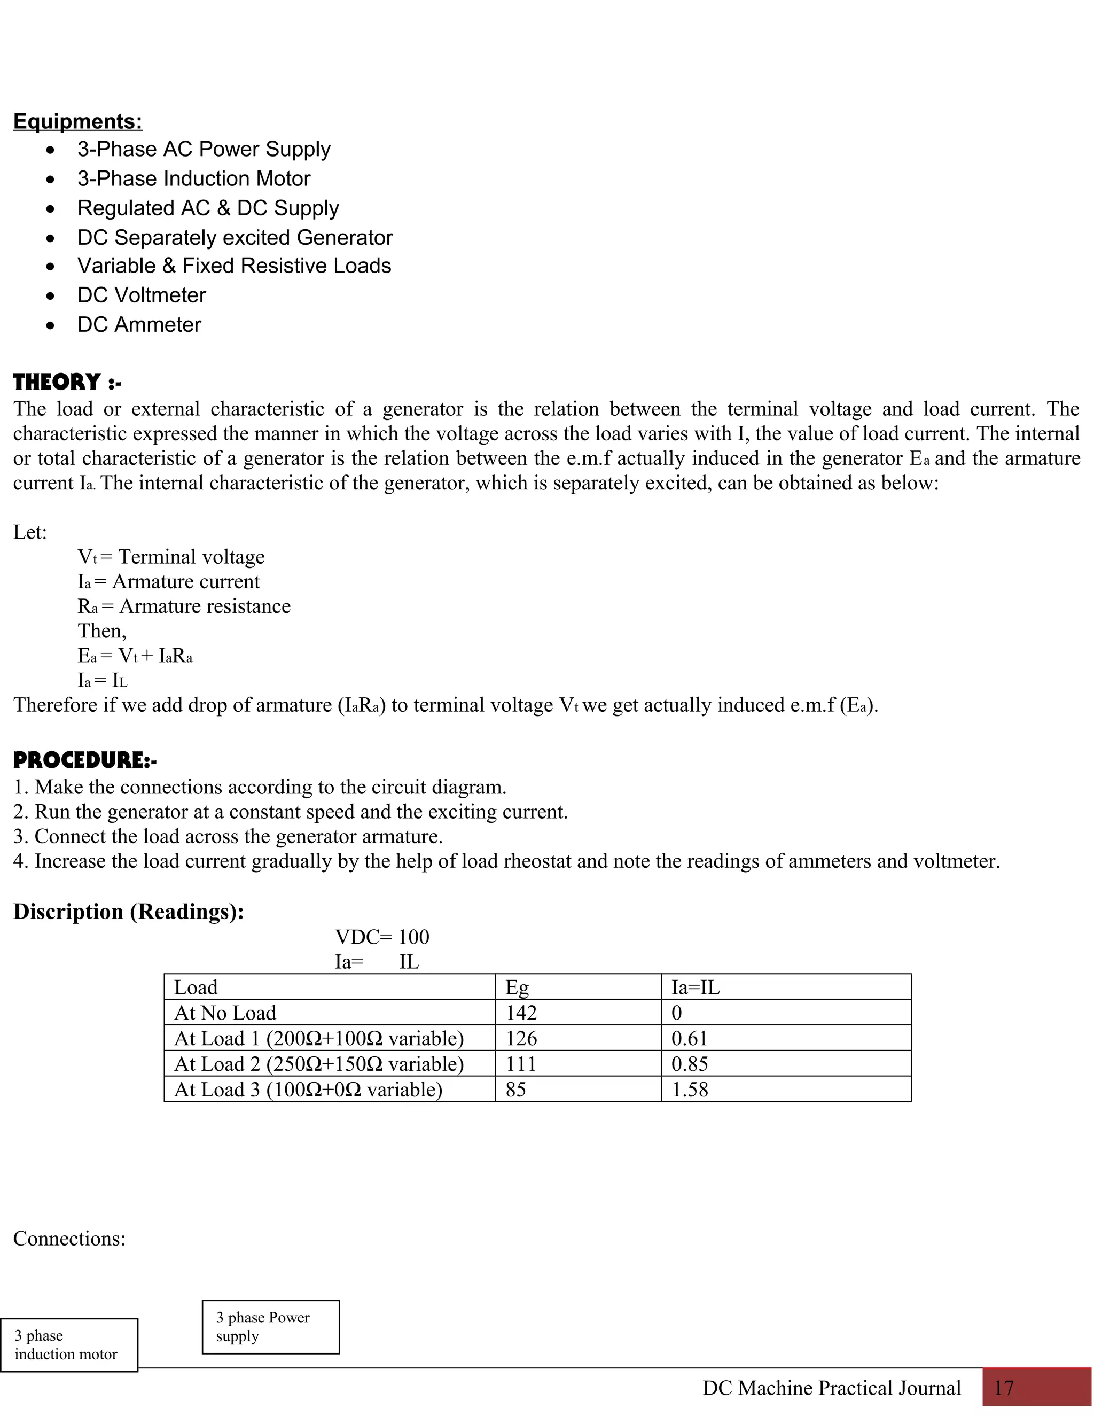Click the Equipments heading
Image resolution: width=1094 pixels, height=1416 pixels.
(x=78, y=121)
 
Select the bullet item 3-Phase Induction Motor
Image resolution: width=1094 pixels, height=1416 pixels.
(x=194, y=178)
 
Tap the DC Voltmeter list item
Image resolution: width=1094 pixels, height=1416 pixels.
(x=141, y=295)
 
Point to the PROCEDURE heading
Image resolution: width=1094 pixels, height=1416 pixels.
(x=85, y=760)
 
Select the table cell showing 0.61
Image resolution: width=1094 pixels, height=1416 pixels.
(x=689, y=1039)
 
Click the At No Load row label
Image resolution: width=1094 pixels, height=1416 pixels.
(x=225, y=1013)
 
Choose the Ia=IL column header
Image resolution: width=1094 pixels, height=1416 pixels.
(x=696, y=987)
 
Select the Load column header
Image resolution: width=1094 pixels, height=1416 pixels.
(x=196, y=987)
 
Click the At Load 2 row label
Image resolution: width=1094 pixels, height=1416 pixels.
(x=319, y=1064)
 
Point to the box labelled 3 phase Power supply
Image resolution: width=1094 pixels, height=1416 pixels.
(x=271, y=1327)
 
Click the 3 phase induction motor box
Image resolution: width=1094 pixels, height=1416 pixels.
(x=69, y=1345)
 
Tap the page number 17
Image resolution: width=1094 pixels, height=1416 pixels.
(x=1004, y=1388)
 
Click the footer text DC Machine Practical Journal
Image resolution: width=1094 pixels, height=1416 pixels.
(x=832, y=1388)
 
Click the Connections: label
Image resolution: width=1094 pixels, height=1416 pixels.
(x=69, y=1239)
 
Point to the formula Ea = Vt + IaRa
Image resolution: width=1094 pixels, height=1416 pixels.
(x=135, y=656)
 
